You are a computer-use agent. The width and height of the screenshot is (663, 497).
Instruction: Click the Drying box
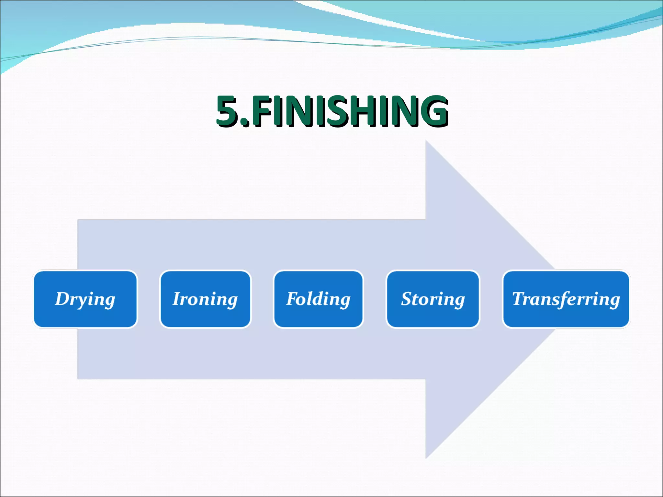point(85,299)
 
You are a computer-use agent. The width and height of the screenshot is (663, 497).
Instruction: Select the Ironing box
point(205,299)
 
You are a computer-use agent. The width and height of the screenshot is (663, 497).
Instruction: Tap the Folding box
point(318,299)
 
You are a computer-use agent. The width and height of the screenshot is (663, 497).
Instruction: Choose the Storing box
point(433,299)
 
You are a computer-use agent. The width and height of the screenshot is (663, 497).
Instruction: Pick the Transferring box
point(566,299)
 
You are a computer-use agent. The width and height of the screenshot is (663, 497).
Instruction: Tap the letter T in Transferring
point(519,298)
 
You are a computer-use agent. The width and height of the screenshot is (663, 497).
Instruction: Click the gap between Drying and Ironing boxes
point(149,299)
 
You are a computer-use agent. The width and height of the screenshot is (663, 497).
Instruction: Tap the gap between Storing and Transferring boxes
point(491,299)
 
